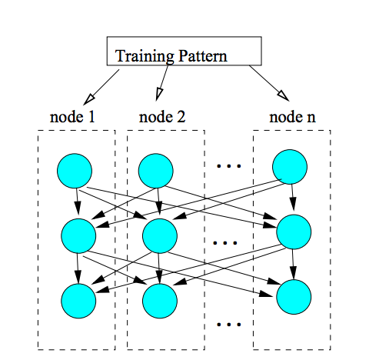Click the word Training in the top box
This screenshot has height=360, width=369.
pyautogui.click(x=145, y=56)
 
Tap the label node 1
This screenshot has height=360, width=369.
pyautogui.click(x=72, y=117)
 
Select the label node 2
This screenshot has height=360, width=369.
pyautogui.click(x=162, y=117)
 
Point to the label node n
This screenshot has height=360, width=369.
pyautogui.click(x=292, y=117)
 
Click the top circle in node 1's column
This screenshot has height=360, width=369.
pyautogui.click(x=75, y=171)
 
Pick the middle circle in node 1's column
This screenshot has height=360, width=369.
pyautogui.click(x=78, y=236)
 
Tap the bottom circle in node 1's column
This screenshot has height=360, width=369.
pyautogui.click(x=78, y=301)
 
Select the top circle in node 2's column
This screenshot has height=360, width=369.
pyautogui.click(x=156, y=171)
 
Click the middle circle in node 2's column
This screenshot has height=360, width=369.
pyautogui.click(x=160, y=236)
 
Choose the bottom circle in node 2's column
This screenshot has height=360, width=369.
pyautogui.click(x=160, y=301)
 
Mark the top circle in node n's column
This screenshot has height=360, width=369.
pyautogui.click(x=290, y=167)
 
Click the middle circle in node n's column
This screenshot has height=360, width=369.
pyautogui.click(x=294, y=232)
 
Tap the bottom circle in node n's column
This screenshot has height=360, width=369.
pyautogui.click(x=294, y=297)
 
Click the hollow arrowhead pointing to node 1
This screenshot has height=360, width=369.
pyautogui.click(x=89, y=99)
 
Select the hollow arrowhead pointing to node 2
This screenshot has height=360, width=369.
pyautogui.click(x=159, y=95)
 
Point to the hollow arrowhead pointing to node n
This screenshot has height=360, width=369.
pyautogui.click(x=284, y=96)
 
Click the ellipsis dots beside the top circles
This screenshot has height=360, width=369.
pyautogui.click(x=229, y=166)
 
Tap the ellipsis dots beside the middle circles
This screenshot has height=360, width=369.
pyautogui.click(x=225, y=242)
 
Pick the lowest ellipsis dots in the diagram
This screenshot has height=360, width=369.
pyautogui.click(x=229, y=325)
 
